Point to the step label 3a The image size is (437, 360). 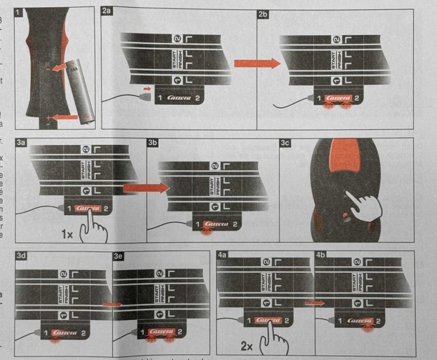(x=22, y=143)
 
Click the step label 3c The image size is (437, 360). (x=285, y=143)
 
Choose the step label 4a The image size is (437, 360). (x=222, y=255)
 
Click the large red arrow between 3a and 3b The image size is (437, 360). (x=142, y=188)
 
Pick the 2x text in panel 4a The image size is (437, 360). (x=247, y=347)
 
